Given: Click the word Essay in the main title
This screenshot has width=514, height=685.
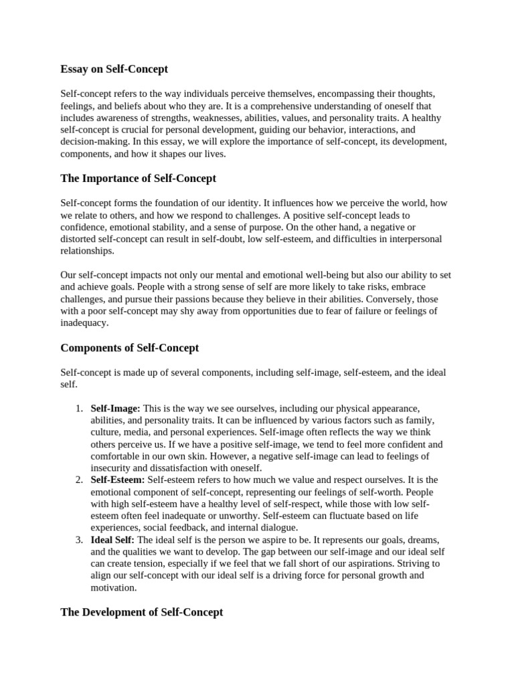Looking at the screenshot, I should [x=74, y=69].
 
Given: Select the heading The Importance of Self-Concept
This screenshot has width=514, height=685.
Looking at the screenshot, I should [x=138, y=179].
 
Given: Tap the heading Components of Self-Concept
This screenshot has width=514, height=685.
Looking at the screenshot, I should [x=129, y=348].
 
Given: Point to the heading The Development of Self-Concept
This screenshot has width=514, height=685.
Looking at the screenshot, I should [x=141, y=612].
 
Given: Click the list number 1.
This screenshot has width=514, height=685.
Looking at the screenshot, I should [x=78, y=408].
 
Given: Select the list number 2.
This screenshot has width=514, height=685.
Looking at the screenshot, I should [x=78, y=480].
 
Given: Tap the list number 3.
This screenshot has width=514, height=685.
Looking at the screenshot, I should [x=78, y=539].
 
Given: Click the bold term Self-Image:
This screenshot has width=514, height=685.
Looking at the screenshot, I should [x=115, y=408].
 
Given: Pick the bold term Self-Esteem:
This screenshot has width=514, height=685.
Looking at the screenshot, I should [x=117, y=480].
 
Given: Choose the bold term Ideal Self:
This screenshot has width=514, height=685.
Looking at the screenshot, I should [x=112, y=539].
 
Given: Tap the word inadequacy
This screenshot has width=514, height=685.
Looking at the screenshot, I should [x=84, y=323].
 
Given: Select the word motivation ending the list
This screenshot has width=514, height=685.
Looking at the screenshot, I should [x=112, y=587].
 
